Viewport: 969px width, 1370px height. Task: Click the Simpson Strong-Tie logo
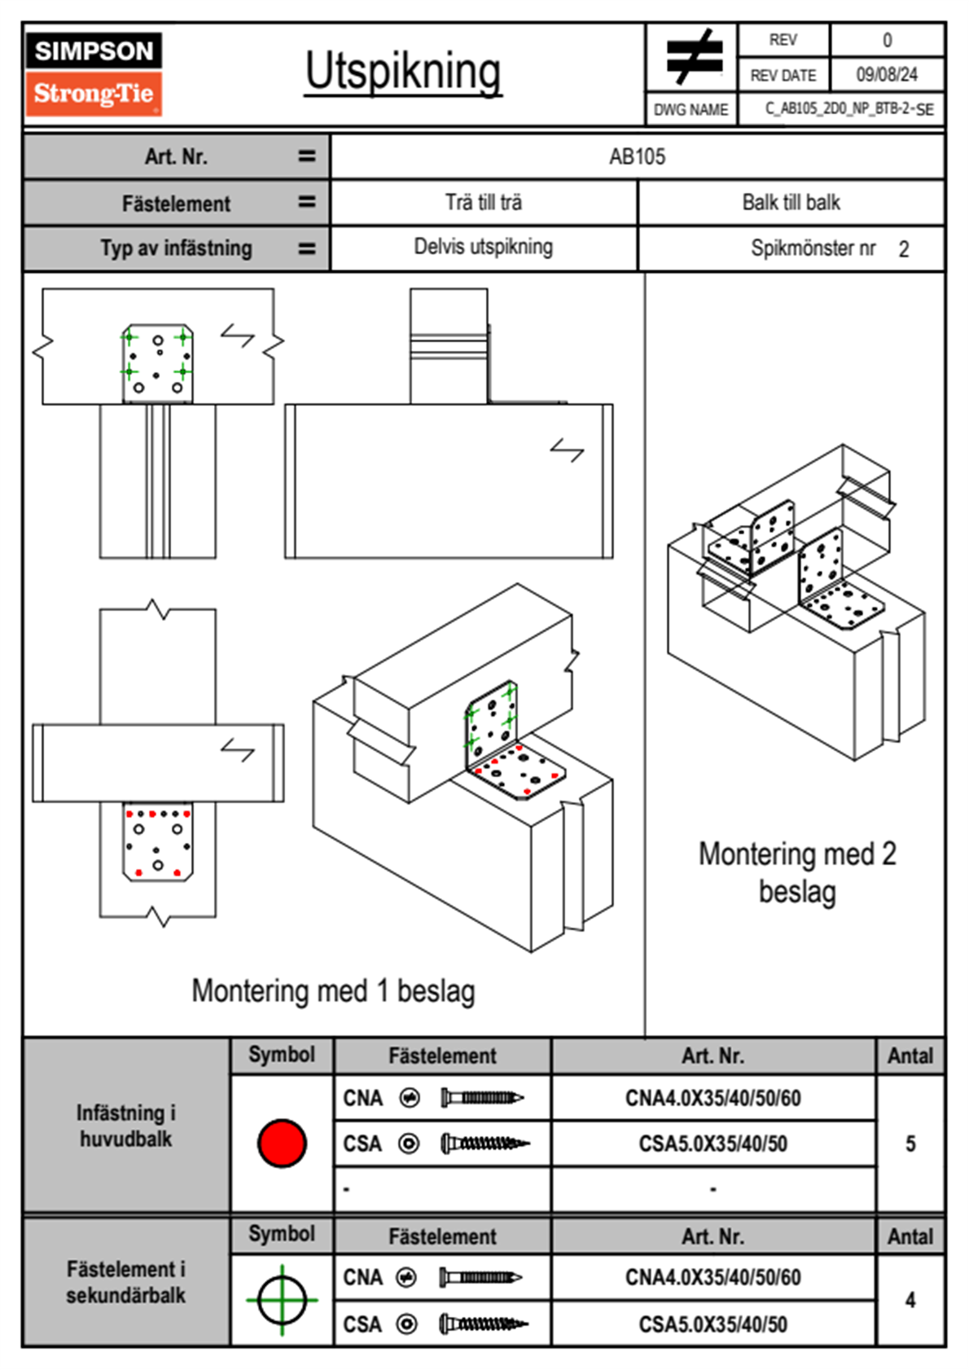tap(94, 74)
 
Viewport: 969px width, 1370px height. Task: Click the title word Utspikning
tap(403, 72)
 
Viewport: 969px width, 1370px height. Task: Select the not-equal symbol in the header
tap(693, 58)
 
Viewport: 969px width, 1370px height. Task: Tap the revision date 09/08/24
tap(886, 75)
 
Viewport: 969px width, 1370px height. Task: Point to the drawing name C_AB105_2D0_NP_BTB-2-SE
tap(848, 109)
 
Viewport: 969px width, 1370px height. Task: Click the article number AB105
tap(637, 156)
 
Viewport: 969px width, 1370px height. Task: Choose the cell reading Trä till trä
tap(483, 203)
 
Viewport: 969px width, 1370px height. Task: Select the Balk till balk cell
tap(791, 203)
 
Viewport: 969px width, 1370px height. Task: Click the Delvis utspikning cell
tap(483, 247)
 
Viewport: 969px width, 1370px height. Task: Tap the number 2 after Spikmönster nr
tap(904, 249)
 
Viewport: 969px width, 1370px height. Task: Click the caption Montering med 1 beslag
tap(333, 991)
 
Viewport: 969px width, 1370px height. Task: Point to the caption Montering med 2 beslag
tap(797, 872)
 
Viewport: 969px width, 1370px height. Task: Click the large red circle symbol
tap(282, 1143)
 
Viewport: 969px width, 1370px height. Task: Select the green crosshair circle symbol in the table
tap(282, 1300)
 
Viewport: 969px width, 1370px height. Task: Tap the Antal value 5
tap(910, 1144)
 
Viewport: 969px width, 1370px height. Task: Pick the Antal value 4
tap(910, 1300)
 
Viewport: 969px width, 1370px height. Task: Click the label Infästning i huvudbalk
tap(126, 1126)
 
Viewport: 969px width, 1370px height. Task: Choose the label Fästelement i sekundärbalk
tap(126, 1282)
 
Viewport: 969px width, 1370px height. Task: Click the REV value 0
tap(887, 40)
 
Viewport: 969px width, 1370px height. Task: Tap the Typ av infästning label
tap(176, 248)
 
